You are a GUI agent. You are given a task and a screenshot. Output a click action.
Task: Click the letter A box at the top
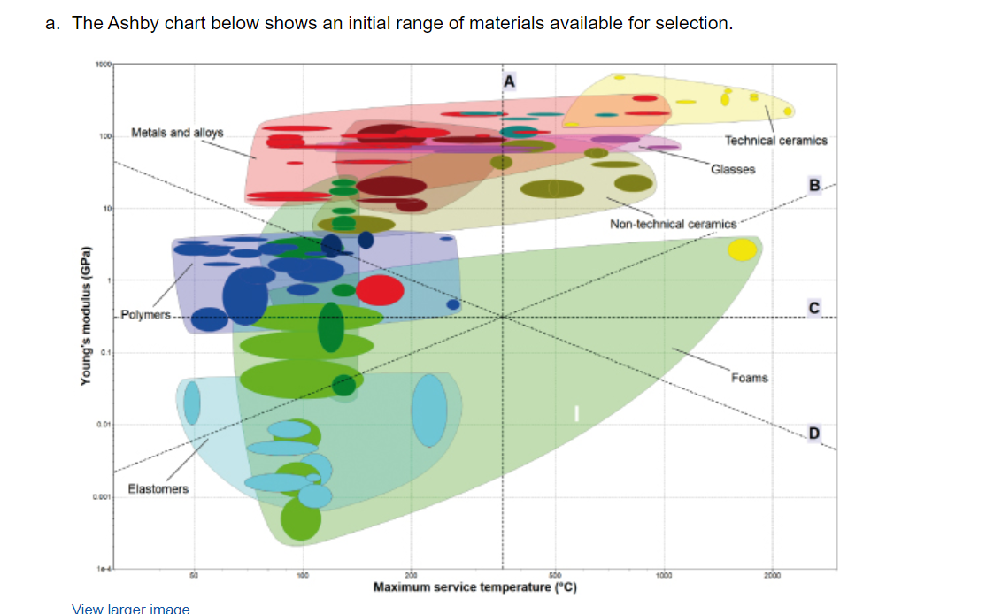coord(508,80)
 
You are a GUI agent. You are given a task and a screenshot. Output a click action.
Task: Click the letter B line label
coord(814,184)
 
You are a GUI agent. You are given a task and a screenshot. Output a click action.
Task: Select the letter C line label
coord(813,306)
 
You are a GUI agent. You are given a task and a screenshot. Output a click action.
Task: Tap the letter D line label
coord(813,432)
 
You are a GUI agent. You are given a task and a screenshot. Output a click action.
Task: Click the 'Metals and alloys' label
coord(177,133)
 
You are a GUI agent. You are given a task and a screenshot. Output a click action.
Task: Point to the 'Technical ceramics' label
coord(775,140)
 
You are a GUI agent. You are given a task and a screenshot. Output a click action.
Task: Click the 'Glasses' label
coord(733,168)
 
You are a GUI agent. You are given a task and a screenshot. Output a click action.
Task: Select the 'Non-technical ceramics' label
coord(673,224)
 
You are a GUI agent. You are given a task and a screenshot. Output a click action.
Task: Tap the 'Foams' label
coord(749,378)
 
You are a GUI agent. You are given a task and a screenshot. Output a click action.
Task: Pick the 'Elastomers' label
coord(158,488)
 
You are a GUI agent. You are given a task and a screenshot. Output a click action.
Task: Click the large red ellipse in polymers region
coord(380,289)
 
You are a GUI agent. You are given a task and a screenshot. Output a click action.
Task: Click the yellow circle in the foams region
coord(742,249)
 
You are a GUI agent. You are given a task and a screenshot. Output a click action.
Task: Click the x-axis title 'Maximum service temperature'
coord(474,587)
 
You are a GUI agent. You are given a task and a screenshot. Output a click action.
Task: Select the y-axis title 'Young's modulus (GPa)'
coord(86,313)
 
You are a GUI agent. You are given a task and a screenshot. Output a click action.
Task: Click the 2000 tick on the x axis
coord(773,575)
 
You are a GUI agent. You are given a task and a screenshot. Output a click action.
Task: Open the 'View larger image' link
coord(130,608)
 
